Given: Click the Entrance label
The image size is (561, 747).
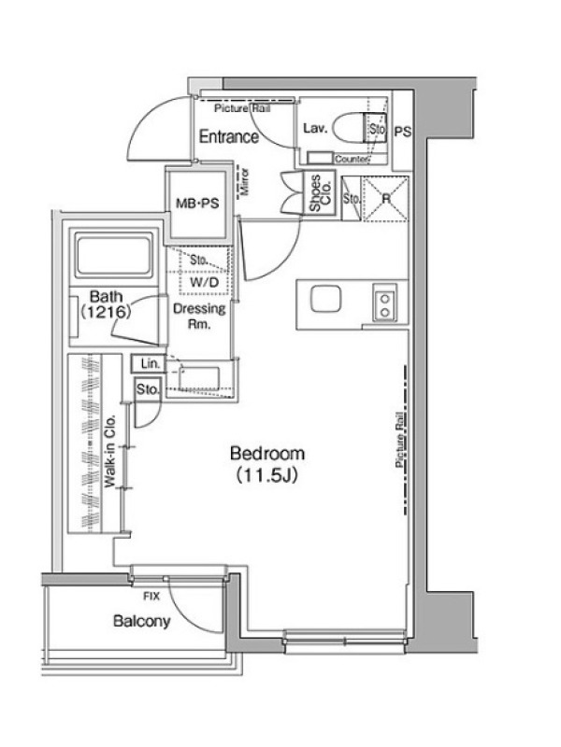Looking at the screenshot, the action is point(229,136).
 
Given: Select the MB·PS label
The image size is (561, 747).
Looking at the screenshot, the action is point(197,204).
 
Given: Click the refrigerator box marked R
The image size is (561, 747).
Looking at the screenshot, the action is point(385,199).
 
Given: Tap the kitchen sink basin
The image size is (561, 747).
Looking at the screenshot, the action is point(325,300).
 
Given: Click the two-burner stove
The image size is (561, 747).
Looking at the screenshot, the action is point(384,305).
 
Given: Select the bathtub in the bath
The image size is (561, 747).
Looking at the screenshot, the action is point(112,256).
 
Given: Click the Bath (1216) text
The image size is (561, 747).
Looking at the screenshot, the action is point(106,304).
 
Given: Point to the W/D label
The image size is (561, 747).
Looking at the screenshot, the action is point(204,282).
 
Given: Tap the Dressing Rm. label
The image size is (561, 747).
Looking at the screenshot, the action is point(199,317).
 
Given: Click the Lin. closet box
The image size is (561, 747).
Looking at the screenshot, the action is point(149,364).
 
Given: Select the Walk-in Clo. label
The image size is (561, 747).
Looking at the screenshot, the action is point(110,451).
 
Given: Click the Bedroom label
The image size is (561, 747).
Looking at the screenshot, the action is point(267,453).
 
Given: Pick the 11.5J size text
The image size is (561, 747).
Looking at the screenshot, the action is point(267,475).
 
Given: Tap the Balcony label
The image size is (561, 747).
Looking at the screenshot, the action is point(142,621).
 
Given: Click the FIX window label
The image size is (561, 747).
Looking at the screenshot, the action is point(151,596).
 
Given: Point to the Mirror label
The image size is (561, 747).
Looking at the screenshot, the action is point(245,181).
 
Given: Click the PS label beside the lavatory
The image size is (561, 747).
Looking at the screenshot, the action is point(403,132).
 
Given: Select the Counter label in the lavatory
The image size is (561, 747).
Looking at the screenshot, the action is point(352,159).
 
